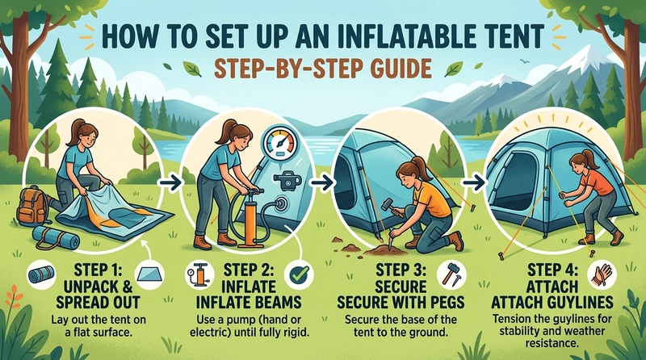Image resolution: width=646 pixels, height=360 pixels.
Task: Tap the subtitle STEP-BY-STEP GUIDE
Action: tap(323, 71)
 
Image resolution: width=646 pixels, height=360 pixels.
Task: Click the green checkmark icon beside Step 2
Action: tap(300, 275)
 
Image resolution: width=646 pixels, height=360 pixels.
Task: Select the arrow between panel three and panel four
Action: tap(476, 183)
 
